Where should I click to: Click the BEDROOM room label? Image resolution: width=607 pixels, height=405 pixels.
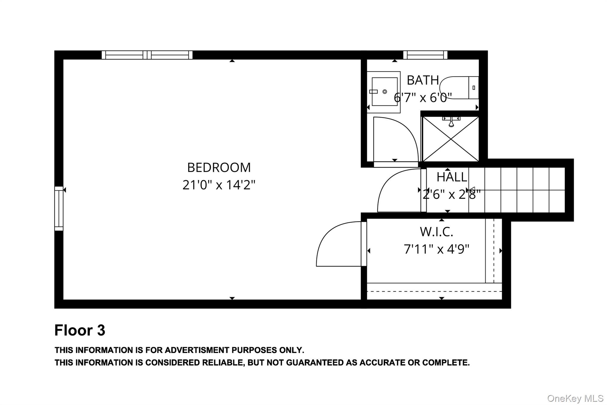click(219, 168)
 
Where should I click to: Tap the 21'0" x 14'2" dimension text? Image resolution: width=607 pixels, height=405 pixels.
click(219, 185)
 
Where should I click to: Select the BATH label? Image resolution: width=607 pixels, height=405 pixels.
click(423, 80)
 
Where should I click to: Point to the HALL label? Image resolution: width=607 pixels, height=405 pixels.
click(451, 177)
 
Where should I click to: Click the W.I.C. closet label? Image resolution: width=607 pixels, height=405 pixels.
click(436, 232)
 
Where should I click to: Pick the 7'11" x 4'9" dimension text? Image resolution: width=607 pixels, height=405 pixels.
click(436, 249)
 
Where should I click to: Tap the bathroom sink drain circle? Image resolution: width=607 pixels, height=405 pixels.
click(385, 92)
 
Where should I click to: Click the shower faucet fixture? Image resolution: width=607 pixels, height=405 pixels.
click(451, 121)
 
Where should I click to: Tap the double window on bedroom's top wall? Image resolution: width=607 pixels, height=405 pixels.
click(147, 55)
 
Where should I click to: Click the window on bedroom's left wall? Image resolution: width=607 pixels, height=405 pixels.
click(59, 209)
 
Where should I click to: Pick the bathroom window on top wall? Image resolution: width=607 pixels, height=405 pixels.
click(425, 55)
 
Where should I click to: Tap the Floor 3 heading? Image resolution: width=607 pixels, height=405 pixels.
click(80, 330)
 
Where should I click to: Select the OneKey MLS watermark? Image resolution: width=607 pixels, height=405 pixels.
click(575, 398)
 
